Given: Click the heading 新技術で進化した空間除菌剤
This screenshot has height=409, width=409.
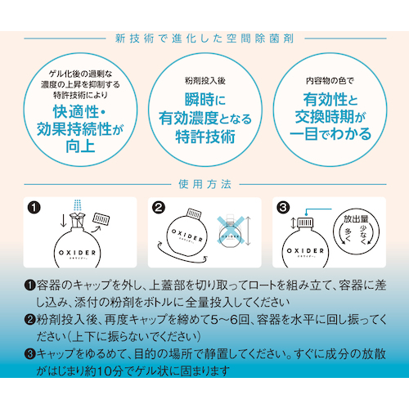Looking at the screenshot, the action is point(204,38).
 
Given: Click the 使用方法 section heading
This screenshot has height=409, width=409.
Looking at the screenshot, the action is point(205,184).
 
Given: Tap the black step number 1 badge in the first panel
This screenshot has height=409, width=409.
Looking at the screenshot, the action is point(34,208).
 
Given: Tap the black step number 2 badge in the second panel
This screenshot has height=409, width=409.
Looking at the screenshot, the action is point(159,208).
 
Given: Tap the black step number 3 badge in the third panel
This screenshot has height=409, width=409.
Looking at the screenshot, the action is point(283,208).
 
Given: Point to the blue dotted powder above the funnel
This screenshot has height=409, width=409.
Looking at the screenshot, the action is point(78,205).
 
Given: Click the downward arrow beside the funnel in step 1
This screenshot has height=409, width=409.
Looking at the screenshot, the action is point(63,221).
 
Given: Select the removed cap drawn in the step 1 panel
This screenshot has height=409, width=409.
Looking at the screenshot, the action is point(101,219).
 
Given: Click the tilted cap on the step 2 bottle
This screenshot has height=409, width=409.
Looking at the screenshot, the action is point(194,213).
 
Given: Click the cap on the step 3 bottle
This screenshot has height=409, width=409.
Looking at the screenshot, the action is point(305,222).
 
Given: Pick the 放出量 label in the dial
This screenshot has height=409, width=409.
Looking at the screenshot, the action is point(356,219).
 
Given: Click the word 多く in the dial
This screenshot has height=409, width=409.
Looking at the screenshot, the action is point(348,235).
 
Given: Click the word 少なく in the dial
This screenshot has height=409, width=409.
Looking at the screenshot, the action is point(364,234).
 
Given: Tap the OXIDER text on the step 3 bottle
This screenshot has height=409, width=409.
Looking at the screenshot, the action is point(305,250).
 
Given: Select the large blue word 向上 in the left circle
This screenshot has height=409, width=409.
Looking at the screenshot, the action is point(80,146).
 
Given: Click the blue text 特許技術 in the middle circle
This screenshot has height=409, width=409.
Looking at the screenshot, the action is point(205,137).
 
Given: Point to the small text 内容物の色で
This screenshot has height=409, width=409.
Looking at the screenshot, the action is point(330,81).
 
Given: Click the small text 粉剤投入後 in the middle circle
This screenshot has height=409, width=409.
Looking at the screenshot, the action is point(205,81).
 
